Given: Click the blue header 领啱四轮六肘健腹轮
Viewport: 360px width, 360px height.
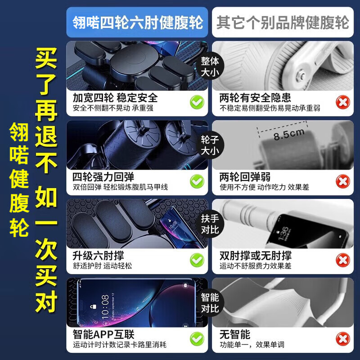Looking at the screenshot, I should pyautogui.click(x=137, y=22).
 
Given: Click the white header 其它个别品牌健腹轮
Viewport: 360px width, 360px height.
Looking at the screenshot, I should pyautogui.click(x=283, y=22).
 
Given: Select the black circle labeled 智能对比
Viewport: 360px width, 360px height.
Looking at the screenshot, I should pyautogui.click(x=210, y=302).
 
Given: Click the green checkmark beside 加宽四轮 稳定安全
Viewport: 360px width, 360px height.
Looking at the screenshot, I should pyautogui.click(x=197, y=103).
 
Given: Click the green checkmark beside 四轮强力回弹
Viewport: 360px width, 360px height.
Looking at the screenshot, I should pyautogui.click(x=197, y=181).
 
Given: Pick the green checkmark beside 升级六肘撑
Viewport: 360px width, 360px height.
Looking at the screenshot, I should pyautogui.click(x=197, y=260).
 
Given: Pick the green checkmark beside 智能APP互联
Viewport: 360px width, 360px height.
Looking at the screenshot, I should pyautogui.click(x=197, y=339).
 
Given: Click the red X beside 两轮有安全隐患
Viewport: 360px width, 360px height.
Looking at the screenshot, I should pyautogui.click(x=343, y=103).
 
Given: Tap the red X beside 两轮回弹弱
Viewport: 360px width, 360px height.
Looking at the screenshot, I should pyautogui.click(x=343, y=181).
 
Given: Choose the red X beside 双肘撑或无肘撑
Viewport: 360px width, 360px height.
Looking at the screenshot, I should pyautogui.click(x=343, y=260).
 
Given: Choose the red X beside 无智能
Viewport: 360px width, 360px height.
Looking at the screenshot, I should pyautogui.click(x=343, y=339).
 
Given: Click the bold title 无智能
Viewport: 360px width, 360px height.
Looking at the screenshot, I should pyautogui.click(x=234, y=334).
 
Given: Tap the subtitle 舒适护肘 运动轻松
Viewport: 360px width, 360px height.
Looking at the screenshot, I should pyautogui.click(x=102, y=265).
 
